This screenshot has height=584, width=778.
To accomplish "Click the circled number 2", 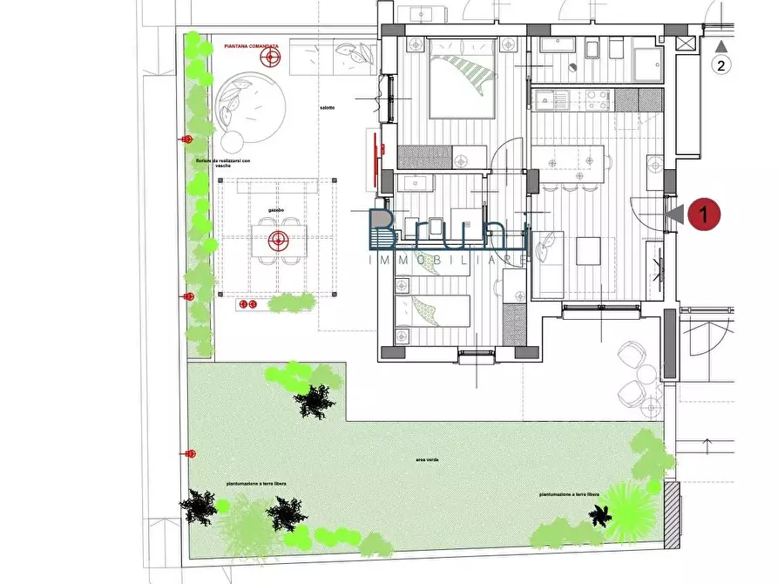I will click(720, 65).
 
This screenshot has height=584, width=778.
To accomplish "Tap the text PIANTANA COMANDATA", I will click(251, 46).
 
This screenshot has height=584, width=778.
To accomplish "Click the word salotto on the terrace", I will click(328, 107).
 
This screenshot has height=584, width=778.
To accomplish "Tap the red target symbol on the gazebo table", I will click(279, 238).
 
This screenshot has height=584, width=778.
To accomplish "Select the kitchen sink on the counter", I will click(549, 100).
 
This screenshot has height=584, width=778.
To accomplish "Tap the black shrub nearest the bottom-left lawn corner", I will click(200, 506).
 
